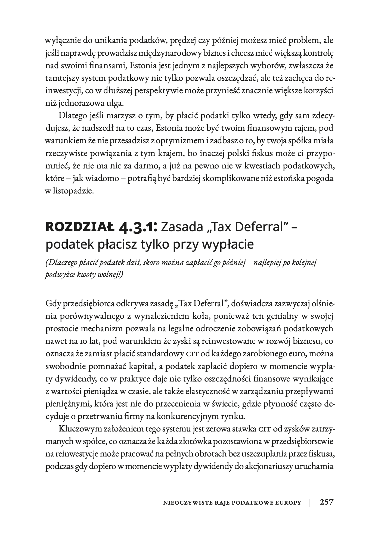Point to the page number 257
coord(327,502)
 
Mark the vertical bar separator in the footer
coord(310,502)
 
